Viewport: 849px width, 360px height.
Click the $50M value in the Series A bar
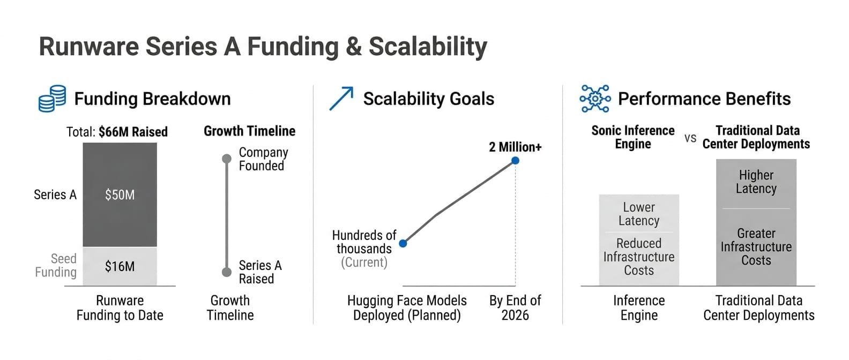(120, 195)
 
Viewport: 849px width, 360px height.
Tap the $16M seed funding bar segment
(120, 266)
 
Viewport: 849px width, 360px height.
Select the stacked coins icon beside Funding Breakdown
(53, 99)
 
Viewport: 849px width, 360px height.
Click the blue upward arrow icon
(341, 99)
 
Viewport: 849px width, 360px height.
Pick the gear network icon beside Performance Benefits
(595, 99)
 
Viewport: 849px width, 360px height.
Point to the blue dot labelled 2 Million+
(515, 161)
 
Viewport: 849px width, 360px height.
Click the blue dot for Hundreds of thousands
(403, 243)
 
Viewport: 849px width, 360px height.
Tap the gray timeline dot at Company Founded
(227, 159)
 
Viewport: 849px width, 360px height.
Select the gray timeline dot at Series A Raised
(227, 272)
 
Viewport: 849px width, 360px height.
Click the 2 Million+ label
(515, 147)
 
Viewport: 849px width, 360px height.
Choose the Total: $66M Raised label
(117, 132)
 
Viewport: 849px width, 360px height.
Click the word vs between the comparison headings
(690, 138)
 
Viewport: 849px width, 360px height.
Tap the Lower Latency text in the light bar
(639, 214)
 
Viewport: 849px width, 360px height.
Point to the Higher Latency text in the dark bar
(756, 182)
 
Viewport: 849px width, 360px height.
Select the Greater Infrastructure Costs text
(756, 246)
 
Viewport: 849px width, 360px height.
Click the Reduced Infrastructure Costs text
(639, 257)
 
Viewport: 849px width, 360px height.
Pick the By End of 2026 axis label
(515, 307)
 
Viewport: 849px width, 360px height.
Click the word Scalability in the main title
(428, 47)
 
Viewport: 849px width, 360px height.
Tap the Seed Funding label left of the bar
(56, 265)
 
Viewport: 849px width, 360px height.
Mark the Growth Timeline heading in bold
(249, 131)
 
